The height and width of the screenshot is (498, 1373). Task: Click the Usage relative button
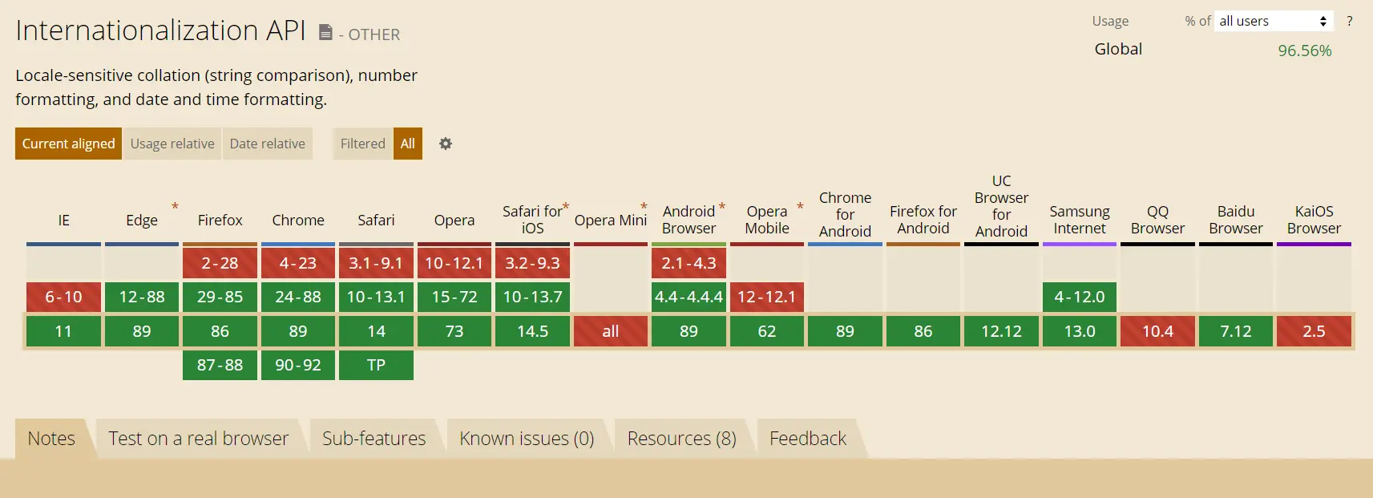172,144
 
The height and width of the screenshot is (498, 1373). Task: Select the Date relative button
267,144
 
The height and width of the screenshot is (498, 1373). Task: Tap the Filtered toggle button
363,144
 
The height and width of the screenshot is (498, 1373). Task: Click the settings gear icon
446,144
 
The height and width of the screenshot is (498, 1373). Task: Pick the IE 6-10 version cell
64,297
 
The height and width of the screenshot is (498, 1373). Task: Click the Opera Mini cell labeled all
611,331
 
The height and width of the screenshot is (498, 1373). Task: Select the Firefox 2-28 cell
220,263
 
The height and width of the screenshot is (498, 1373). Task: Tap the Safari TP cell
377,365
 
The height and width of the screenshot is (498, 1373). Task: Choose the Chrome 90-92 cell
298,365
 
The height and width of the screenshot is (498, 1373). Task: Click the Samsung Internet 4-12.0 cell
1080,297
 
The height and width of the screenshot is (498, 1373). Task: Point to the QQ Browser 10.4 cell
1158,331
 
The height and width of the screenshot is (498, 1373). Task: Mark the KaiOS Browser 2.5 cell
1314,331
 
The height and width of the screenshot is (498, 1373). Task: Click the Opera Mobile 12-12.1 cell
767,297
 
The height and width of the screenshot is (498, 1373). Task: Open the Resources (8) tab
681,439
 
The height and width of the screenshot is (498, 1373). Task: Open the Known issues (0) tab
527,439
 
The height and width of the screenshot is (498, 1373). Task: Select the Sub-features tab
374,439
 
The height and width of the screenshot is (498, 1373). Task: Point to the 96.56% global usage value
1305,51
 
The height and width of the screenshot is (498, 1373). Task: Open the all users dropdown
1274,21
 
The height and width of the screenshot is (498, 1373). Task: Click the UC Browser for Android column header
1002,206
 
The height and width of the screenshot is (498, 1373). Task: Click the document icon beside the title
325,32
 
